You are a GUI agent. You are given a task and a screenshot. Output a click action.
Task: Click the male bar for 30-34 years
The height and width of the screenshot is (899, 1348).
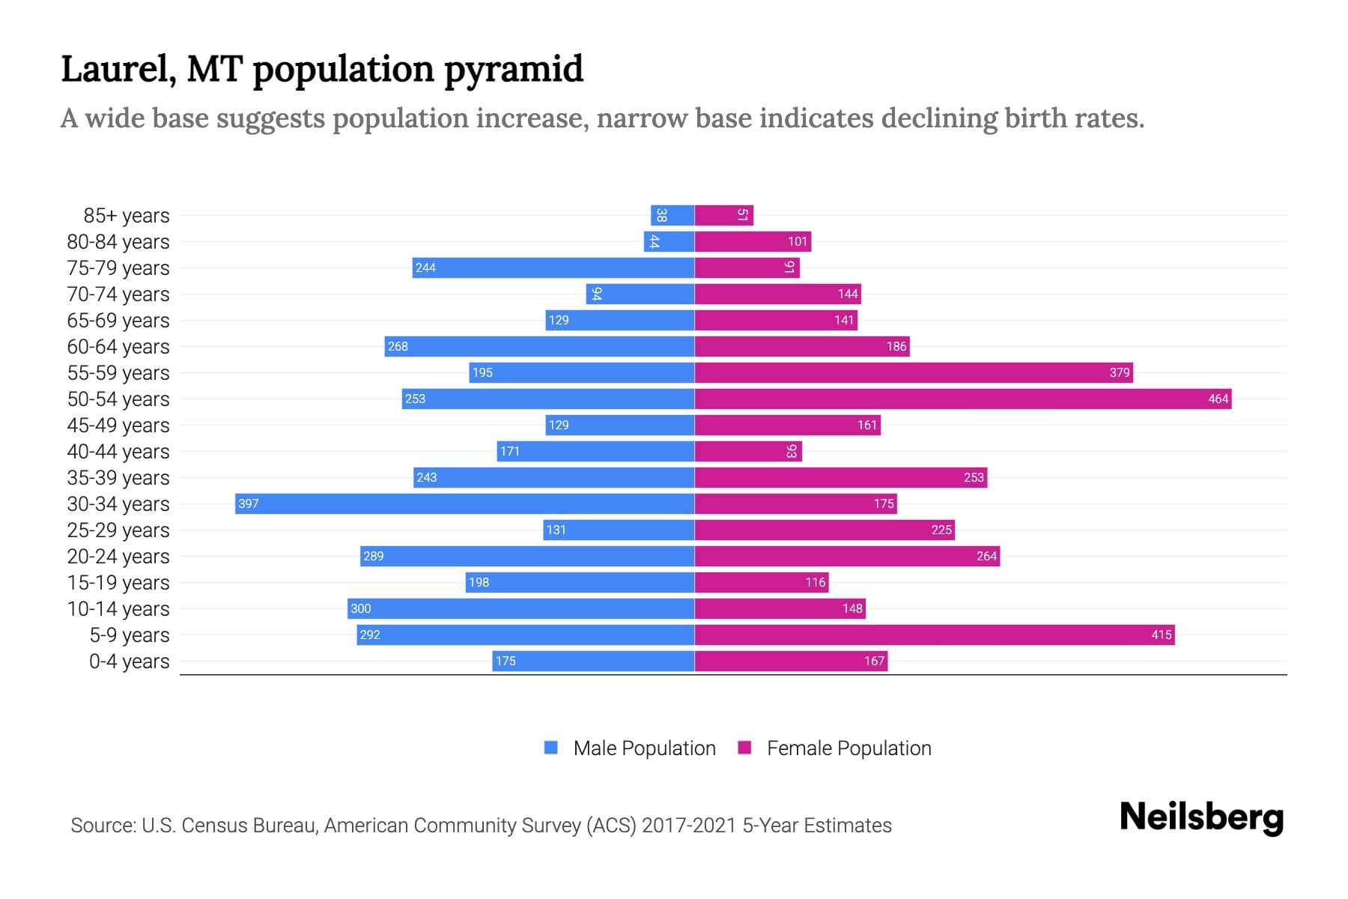[x=464, y=503]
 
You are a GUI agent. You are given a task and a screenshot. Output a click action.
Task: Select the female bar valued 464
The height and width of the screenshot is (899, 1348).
[x=962, y=399]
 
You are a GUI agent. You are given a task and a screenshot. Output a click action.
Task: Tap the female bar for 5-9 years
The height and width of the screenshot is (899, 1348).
[x=934, y=635]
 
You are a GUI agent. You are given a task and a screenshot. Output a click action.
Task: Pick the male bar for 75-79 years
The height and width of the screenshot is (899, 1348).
[x=553, y=267]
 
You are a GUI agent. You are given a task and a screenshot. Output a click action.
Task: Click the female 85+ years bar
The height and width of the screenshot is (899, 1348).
[x=723, y=215]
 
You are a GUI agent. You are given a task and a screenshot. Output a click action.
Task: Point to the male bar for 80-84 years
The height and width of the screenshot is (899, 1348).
[x=669, y=241]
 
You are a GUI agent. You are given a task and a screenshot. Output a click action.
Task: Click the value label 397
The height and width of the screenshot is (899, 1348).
[x=248, y=503]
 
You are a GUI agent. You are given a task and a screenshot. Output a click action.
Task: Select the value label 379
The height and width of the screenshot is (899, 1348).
[x=1119, y=372]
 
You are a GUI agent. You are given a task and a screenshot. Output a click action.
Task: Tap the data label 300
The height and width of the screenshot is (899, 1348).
[x=360, y=608]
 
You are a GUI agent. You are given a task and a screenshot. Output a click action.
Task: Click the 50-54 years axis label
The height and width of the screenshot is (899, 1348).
[x=118, y=399]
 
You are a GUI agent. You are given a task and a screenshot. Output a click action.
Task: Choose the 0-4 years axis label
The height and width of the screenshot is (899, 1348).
[x=129, y=661]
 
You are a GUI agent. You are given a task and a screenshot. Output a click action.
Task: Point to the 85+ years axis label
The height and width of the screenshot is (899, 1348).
[x=126, y=215]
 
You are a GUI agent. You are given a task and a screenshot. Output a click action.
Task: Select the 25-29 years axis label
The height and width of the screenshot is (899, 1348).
[x=118, y=530]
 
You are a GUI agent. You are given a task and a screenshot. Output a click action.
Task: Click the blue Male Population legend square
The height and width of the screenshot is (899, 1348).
[x=551, y=748]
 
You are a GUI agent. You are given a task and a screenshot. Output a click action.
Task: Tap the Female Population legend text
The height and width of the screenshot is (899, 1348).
[x=848, y=748]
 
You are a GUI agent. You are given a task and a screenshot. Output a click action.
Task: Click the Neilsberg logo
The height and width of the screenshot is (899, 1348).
[x=1201, y=817]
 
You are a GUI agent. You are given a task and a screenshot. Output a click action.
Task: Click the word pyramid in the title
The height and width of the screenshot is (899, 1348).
[x=513, y=69]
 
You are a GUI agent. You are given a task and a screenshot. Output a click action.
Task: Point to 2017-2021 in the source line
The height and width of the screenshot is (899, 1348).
[x=688, y=825]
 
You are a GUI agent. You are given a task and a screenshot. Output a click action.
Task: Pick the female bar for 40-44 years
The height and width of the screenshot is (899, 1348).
[x=747, y=451]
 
